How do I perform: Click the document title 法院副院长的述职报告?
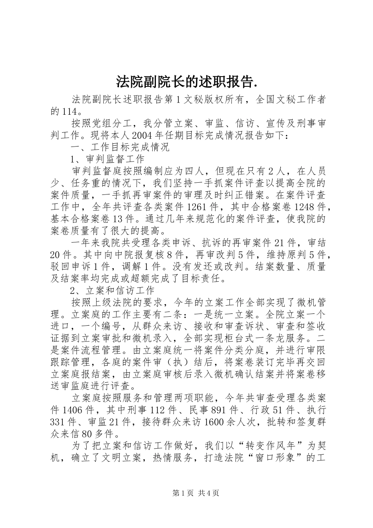(186, 81)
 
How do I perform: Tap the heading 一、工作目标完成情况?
(120, 148)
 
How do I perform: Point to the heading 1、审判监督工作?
(108, 159)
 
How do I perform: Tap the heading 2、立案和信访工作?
(112, 291)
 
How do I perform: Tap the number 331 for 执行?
(57, 422)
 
